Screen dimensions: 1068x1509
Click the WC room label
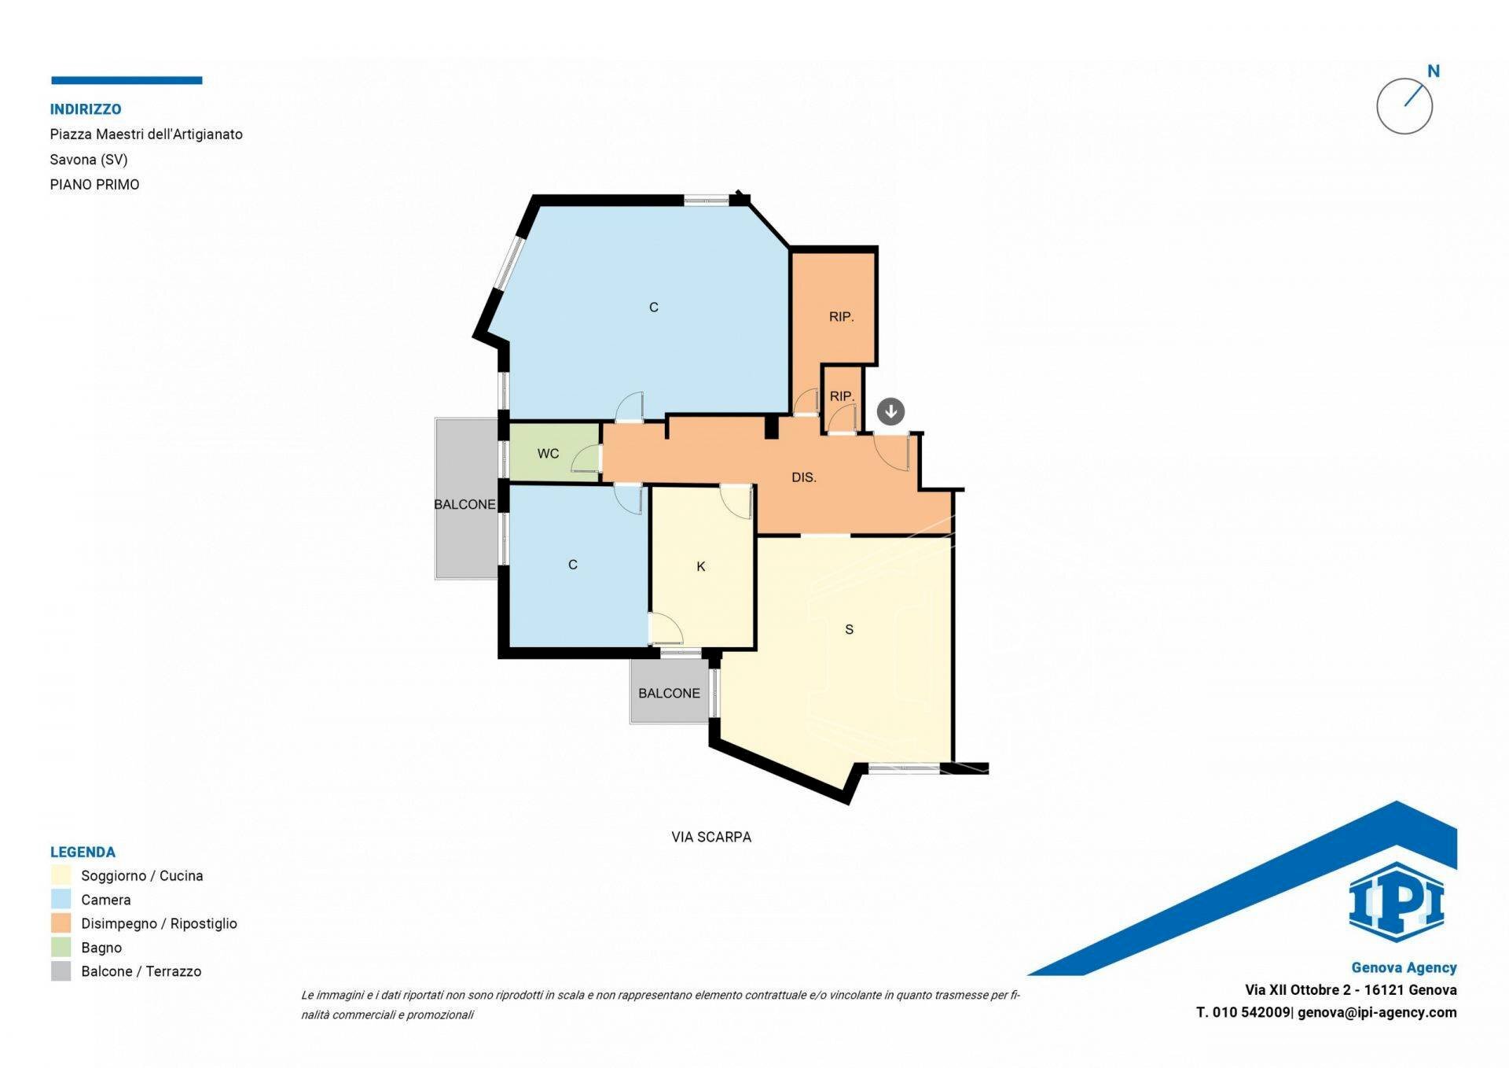click(x=548, y=454)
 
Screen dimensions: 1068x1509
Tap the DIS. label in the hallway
click(x=803, y=477)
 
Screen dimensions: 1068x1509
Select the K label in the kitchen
click(x=701, y=566)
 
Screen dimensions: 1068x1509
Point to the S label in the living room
click(x=849, y=629)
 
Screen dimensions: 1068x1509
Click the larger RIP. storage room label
click(x=841, y=317)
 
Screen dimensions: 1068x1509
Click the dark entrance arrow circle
click(x=890, y=411)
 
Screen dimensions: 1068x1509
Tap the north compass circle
click(x=1404, y=106)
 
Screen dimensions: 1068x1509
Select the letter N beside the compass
click(x=1434, y=72)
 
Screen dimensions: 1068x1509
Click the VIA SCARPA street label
click(x=711, y=837)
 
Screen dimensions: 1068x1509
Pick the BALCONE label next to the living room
click(x=669, y=693)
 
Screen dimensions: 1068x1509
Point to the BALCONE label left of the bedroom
click(x=464, y=504)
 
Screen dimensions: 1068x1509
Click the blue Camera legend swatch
click(x=61, y=899)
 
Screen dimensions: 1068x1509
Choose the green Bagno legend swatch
click(x=61, y=947)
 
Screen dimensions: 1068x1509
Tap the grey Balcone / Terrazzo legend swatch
click(x=61, y=971)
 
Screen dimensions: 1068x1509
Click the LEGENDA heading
click(x=83, y=852)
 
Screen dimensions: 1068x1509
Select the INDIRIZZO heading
click(x=86, y=109)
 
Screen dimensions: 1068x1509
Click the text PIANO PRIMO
click(x=94, y=185)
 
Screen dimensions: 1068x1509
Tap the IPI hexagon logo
click(x=1396, y=902)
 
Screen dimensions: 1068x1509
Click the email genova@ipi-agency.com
click(x=1377, y=1012)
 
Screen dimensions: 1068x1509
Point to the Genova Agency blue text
click(x=1404, y=967)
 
